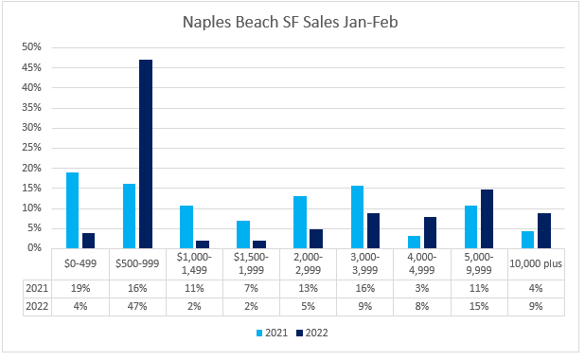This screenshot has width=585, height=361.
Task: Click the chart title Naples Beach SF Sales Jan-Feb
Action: [291, 22]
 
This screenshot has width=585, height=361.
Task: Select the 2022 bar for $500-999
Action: [146, 153]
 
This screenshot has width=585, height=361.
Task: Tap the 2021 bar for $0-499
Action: [72, 210]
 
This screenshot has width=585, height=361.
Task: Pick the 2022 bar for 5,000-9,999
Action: [487, 219]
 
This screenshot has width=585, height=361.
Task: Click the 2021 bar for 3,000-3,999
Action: [357, 217]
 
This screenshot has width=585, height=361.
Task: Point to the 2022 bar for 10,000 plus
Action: [544, 230]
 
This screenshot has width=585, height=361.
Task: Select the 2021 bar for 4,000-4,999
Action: [414, 242]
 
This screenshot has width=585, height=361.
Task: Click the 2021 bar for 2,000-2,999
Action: [300, 222]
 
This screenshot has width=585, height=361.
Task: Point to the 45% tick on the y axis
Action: [32, 67]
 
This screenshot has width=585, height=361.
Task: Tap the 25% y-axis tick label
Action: [32, 148]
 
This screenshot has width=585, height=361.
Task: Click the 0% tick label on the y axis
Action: [34, 247]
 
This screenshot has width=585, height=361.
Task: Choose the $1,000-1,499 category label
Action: [194, 263]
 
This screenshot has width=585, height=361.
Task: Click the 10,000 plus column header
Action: [536, 263]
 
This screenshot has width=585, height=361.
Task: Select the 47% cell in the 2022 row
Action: [137, 306]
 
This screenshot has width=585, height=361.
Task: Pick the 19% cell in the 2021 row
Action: [80, 289]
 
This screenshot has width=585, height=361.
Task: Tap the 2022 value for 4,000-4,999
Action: [422, 306]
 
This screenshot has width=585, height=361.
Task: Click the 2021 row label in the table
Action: [37, 289]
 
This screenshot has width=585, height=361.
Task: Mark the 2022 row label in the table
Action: [37, 306]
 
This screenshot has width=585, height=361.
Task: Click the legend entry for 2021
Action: [272, 333]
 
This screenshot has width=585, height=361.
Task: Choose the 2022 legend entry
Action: [312, 333]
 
